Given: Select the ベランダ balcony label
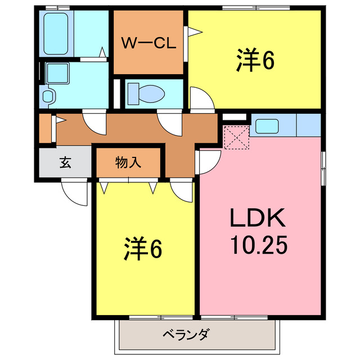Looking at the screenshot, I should click(x=186, y=334).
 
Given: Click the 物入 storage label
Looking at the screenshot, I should click(x=128, y=163).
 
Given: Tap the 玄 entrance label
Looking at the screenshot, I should click(x=65, y=163).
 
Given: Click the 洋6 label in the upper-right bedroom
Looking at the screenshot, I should click(x=255, y=61).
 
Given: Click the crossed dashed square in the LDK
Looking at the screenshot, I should click(x=236, y=138).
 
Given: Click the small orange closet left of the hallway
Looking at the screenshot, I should click(x=45, y=128).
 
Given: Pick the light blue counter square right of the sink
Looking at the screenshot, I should click(x=308, y=125).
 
